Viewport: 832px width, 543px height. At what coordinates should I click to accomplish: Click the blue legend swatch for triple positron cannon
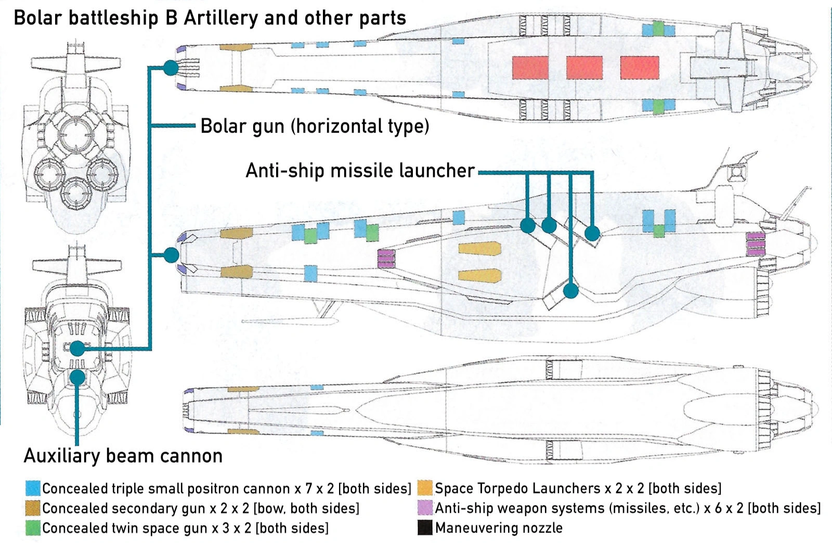click(33, 488)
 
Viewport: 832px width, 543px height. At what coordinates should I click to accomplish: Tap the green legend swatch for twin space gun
click(33, 528)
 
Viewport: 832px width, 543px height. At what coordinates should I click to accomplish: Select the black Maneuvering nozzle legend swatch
click(425, 528)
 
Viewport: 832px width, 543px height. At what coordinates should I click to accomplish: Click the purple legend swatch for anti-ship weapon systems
click(425, 508)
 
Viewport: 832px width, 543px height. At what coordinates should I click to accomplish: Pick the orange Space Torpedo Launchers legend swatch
click(425, 488)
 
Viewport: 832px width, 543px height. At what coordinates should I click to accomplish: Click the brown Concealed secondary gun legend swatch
click(33, 508)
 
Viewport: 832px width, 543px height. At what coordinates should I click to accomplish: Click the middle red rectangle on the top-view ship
click(584, 68)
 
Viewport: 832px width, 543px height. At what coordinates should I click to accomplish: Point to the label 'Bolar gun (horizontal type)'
click(315, 126)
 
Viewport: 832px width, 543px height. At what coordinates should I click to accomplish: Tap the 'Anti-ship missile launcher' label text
click(360, 171)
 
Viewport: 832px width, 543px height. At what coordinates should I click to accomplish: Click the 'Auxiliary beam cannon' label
click(123, 456)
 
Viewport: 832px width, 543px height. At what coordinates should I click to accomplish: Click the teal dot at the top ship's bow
click(171, 68)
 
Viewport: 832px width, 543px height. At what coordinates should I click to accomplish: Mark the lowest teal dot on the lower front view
click(77, 377)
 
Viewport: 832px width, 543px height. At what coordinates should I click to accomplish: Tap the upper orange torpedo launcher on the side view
click(479, 249)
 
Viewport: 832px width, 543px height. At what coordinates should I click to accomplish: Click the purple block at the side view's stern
click(756, 244)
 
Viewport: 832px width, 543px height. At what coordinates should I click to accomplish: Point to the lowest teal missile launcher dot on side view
click(570, 290)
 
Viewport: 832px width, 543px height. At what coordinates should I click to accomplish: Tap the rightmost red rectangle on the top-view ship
click(640, 68)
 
